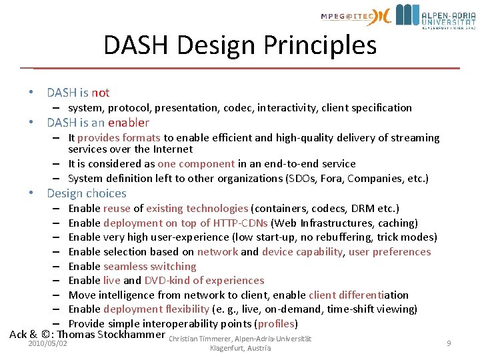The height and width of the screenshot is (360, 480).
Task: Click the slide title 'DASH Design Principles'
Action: point(240,45)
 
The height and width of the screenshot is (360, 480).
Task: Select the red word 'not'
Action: point(101,93)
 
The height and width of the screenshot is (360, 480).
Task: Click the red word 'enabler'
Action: point(129,123)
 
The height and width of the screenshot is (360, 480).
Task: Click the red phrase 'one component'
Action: point(196,163)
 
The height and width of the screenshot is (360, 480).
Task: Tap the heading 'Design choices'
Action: point(87,193)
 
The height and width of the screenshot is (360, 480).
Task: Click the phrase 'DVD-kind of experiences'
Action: point(203,281)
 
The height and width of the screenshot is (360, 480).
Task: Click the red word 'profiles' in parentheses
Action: point(276,323)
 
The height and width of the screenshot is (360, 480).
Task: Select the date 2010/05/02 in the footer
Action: point(48,343)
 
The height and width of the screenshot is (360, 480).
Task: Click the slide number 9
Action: point(449,343)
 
